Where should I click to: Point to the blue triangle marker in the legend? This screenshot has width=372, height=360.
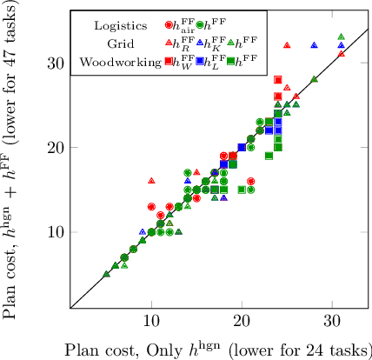tap(200, 43)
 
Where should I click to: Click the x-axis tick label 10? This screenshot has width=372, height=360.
tap(151, 321)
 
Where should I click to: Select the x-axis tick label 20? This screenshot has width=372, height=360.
tap(242, 321)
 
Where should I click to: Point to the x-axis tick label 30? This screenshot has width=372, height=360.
tap(332, 321)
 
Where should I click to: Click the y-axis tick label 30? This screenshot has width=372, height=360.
tap(55, 63)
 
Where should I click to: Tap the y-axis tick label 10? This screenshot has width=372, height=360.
tap(55, 232)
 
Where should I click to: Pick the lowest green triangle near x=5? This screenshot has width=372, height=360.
tap(106, 274)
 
